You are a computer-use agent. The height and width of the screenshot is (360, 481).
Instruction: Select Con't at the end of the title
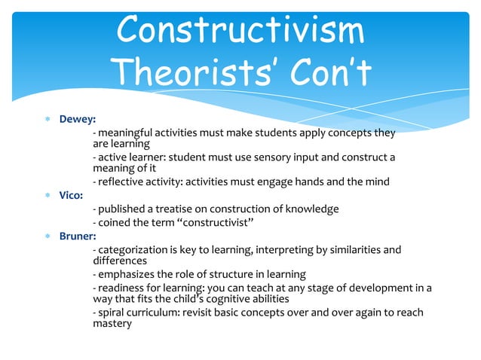(x=325, y=72)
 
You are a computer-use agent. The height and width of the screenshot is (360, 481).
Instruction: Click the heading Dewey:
(x=78, y=119)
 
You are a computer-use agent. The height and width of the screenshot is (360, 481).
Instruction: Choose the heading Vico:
(x=73, y=194)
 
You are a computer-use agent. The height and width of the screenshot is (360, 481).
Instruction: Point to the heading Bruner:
(x=79, y=236)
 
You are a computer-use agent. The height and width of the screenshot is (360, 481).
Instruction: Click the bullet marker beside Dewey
(x=47, y=119)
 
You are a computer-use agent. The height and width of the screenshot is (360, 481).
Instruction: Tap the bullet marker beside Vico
(x=47, y=194)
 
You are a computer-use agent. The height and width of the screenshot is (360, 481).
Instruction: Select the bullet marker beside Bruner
(x=47, y=236)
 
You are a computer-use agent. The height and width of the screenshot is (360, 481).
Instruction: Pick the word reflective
(x=121, y=182)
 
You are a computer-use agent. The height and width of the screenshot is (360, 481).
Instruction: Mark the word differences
(x=118, y=261)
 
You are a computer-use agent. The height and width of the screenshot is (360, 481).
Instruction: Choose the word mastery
(x=112, y=324)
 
